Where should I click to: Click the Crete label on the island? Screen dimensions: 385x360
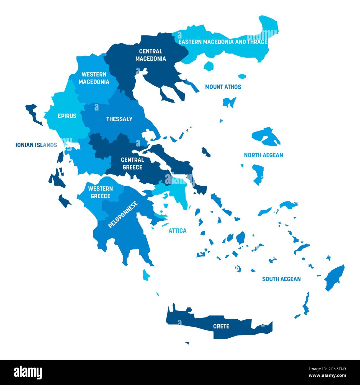click(x=221, y=326)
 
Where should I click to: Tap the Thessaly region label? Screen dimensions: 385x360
click(x=119, y=119)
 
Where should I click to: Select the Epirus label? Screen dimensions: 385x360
click(x=67, y=116)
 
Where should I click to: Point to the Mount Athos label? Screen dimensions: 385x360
click(x=223, y=87)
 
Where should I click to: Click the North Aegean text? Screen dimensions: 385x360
click(x=263, y=155)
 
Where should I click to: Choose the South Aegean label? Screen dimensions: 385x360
click(x=281, y=279)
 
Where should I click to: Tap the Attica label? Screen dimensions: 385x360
click(x=178, y=231)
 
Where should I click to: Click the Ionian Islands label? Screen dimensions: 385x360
click(x=36, y=145)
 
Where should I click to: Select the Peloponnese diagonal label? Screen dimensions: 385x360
click(x=123, y=215)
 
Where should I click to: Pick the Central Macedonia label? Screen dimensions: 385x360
click(x=150, y=55)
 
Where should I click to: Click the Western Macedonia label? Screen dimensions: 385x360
click(x=94, y=78)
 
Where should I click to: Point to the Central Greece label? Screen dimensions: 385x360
click(x=132, y=164)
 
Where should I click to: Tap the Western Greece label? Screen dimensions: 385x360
click(x=100, y=192)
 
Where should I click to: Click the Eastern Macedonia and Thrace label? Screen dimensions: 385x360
click(x=223, y=42)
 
